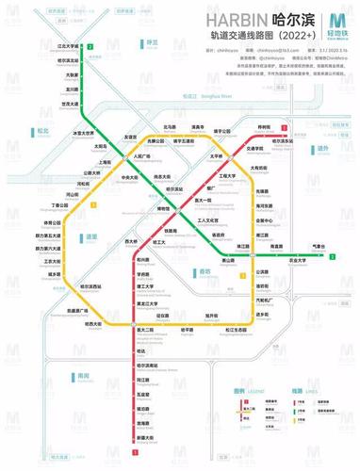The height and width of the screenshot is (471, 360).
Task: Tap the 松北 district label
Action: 41,131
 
